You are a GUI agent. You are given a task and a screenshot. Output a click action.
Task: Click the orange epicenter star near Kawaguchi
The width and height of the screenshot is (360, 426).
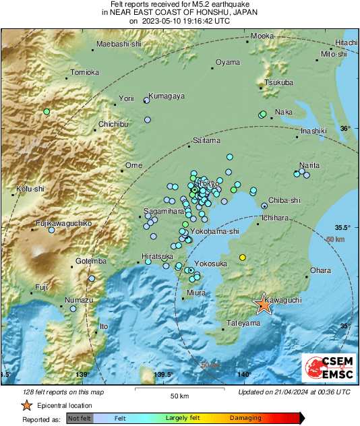click(x=264, y=305)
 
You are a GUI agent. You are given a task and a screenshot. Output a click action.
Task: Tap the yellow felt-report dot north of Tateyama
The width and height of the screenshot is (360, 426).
click(x=243, y=257)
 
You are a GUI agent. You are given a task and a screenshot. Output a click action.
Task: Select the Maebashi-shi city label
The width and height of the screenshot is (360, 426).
click(x=119, y=44)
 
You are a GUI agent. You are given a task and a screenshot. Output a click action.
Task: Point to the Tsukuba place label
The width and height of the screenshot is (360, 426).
click(x=278, y=82)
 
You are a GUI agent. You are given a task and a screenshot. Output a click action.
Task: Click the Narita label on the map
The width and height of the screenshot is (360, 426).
click(x=309, y=165)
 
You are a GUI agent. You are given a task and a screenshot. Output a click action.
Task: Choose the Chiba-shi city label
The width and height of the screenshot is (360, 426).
click(x=284, y=200)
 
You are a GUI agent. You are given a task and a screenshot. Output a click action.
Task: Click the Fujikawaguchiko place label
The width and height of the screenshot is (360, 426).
click(x=63, y=223)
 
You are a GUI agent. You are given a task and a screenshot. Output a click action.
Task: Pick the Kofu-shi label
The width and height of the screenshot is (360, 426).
click(x=30, y=189)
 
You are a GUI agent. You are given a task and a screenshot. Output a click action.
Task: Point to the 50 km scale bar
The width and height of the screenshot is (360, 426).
click(x=179, y=389)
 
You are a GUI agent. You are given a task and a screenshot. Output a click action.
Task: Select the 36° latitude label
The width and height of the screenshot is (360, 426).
click(x=344, y=128)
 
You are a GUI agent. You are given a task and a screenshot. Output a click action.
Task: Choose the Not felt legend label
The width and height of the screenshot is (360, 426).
click(x=80, y=419)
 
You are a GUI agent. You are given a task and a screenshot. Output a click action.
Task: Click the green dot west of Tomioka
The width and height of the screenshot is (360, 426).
click(x=47, y=111)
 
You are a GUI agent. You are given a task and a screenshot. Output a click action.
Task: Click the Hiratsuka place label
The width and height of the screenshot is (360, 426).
click(x=158, y=256)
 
